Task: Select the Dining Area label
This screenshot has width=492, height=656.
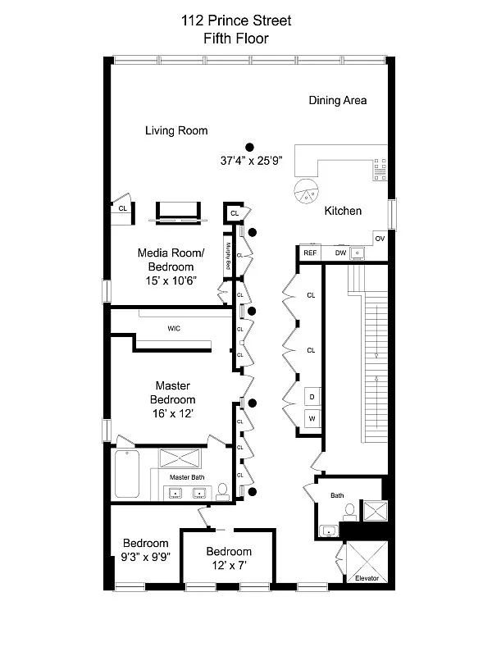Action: pyautogui.click(x=337, y=101)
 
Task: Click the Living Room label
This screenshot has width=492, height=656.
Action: pyautogui.click(x=176, y=130)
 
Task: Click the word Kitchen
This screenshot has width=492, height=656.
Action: pyautogui.click(x=343, y=211)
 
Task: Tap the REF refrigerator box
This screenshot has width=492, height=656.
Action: pyautogui.click(x=310, y=253)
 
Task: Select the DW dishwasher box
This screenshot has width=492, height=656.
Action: pyautogui.click(x=339, y=253)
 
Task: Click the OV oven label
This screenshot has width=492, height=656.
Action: pyautogui.click(x=379, y=239)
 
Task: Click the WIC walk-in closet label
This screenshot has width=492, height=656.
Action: pyautogui.click(x=174, y=329)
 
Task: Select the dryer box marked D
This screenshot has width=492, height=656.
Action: pyautogui.click(x=312, y=396)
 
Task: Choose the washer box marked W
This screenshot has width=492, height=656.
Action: pyautogui.click(x=312, y=418)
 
